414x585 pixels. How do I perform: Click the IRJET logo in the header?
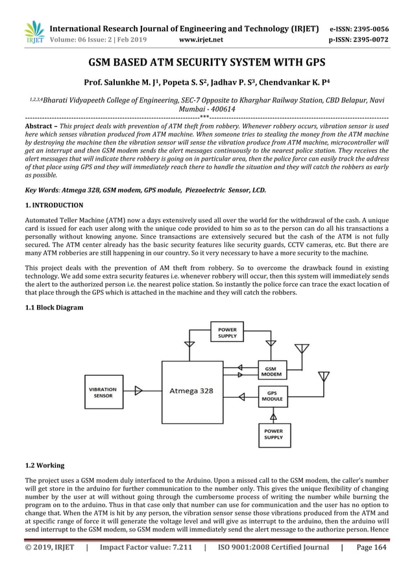tap(34, 33)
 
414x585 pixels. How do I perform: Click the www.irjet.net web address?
tap(201, 40)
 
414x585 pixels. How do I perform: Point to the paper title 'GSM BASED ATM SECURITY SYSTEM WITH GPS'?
tap(206, 63)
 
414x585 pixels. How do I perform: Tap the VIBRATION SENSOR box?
tap(103, 392)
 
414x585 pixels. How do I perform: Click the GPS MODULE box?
tap(271, 396)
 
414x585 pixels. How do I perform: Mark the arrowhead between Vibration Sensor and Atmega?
tap(139, 391)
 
